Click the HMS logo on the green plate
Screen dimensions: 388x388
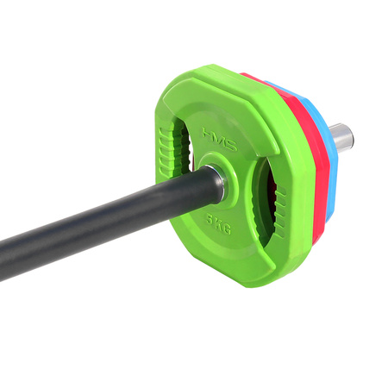point(218,135)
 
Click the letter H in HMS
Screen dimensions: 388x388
point(208,133)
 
